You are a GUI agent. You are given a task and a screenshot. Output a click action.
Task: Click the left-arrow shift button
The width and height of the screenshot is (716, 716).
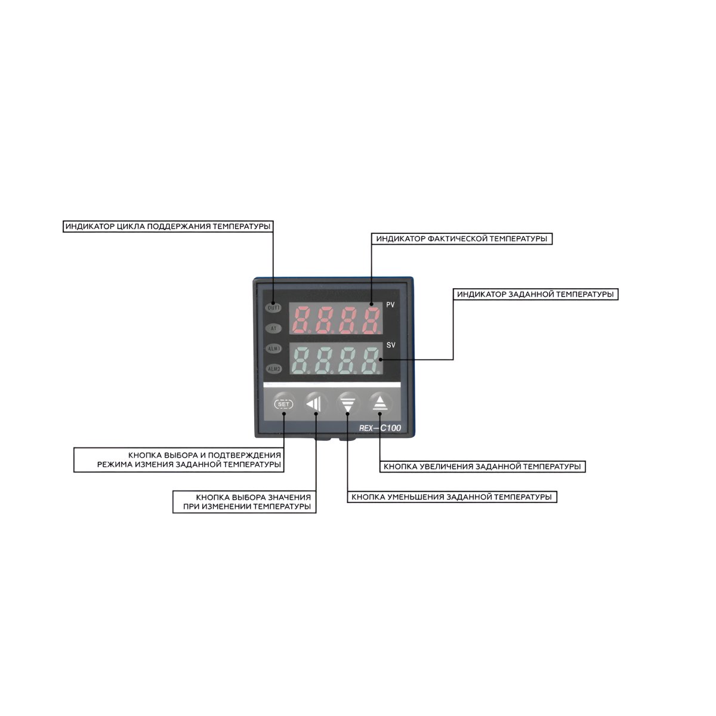click(x=316, y=404)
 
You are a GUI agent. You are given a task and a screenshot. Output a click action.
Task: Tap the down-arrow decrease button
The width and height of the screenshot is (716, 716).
click(x=348, y=404)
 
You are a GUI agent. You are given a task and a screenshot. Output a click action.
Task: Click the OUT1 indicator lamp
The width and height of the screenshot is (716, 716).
click(x=273, y=308)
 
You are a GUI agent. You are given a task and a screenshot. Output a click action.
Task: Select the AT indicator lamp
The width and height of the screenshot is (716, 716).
click(x=273, y=328)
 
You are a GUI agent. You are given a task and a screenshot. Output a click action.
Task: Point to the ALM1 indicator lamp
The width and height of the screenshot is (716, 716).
click(x=273, y=348)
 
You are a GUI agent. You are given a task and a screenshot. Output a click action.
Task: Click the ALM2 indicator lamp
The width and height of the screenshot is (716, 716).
click(x=273, y=369)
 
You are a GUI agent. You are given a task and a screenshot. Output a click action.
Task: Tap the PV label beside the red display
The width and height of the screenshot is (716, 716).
click(x=390, y=305)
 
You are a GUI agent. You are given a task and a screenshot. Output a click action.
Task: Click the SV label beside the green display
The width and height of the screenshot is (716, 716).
click(x=390, y=345)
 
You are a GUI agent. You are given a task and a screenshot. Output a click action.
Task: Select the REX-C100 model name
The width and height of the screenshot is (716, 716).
click(x=379, y=428)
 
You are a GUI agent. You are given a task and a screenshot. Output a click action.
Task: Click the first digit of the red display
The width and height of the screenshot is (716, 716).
click(x=301, y=320)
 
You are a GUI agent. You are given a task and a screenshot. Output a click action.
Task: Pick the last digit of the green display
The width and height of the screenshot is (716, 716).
click(x=371, y=360)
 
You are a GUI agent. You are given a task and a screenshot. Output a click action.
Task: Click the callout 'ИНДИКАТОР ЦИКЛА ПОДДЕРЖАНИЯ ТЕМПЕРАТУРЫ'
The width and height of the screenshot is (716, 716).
click(x=168, y=226)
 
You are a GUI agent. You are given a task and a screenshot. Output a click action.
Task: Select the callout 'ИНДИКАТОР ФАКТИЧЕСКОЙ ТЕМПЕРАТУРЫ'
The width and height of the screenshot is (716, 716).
click(x=461, y=239)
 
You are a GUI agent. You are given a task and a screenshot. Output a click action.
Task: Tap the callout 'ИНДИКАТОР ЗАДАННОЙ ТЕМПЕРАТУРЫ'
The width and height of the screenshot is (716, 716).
click(x=535, y=294)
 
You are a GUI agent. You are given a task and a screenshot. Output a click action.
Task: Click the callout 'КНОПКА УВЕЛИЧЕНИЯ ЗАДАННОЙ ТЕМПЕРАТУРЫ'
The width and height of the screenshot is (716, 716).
click(x=482, y=467)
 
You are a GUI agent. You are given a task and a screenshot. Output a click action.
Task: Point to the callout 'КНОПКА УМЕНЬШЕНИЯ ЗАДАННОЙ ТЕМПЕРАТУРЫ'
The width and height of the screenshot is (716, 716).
click(x=452, y=497)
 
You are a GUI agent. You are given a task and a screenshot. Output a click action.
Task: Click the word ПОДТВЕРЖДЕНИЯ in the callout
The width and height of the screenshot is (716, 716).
click(x=244, y=455)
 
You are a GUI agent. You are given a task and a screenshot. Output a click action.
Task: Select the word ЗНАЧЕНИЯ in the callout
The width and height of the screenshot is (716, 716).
click(x=289, y=497)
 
